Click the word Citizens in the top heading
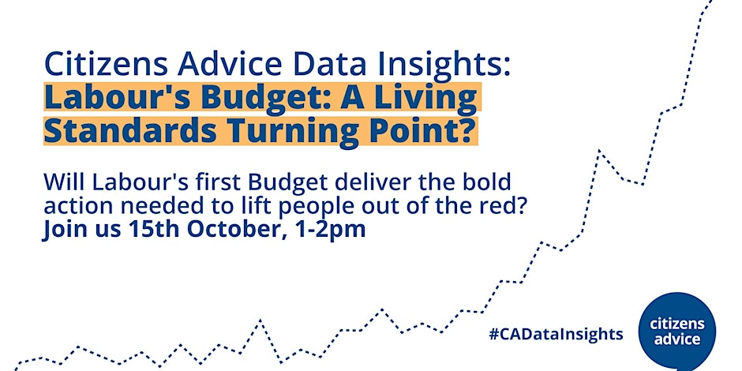[x=107, y=66]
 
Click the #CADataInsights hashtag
[x=556, y=335]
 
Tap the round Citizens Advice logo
[x=676, y=332]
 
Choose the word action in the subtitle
[x=75, y=208]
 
